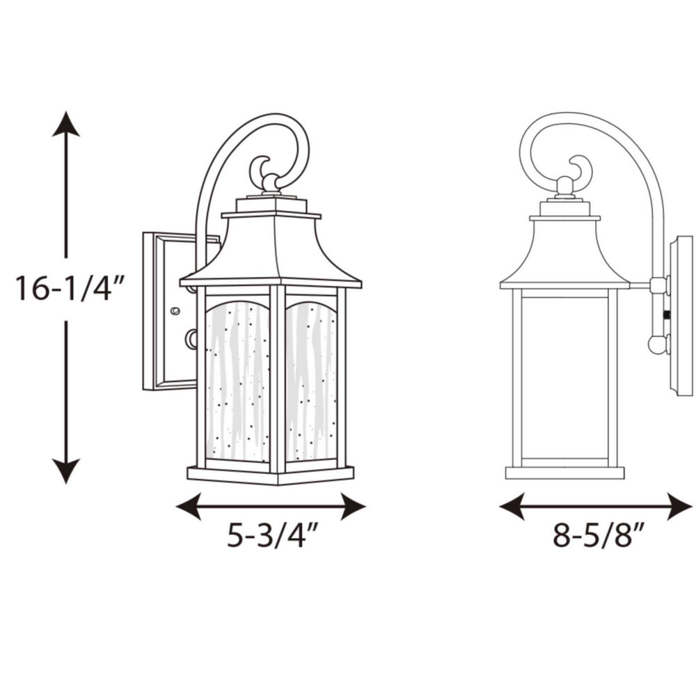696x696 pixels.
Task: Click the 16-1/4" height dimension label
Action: (70, 289)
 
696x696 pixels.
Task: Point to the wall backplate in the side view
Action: (681, 315)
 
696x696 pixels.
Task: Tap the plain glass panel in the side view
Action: (564, 376)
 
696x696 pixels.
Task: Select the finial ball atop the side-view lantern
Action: (564, 184)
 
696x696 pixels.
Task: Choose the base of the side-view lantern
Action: (564, 473)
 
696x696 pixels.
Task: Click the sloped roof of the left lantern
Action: (270, 251)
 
